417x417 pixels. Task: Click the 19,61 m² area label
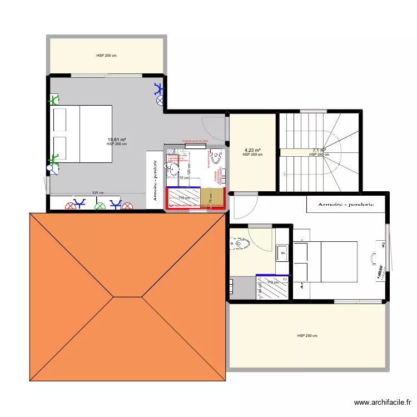[117, 140]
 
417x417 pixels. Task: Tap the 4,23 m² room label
[252, 150]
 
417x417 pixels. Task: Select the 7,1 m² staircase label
[319, 150]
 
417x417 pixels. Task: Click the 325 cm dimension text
[98, 192]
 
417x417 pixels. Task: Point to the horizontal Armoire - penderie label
[346, 204]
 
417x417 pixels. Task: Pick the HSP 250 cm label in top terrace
[106, 56]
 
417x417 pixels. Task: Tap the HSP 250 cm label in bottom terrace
[307, 336]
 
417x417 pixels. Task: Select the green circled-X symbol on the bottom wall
[100, 206]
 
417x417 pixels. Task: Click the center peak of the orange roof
[114, 296]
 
